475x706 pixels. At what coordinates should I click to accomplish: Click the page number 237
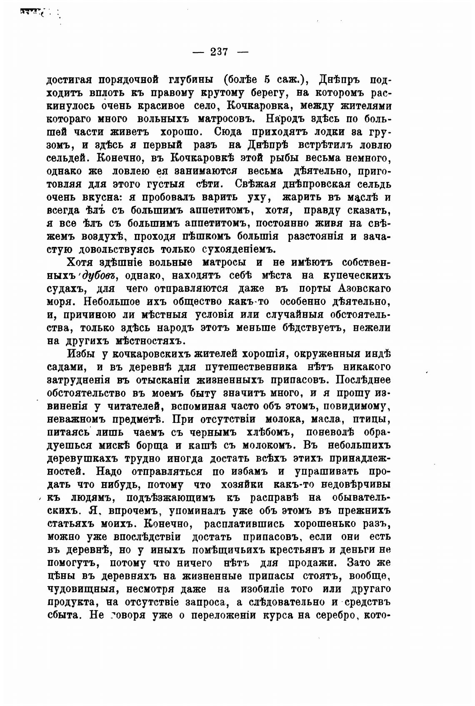(220, 52)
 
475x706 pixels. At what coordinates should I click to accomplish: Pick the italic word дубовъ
(100, 276)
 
